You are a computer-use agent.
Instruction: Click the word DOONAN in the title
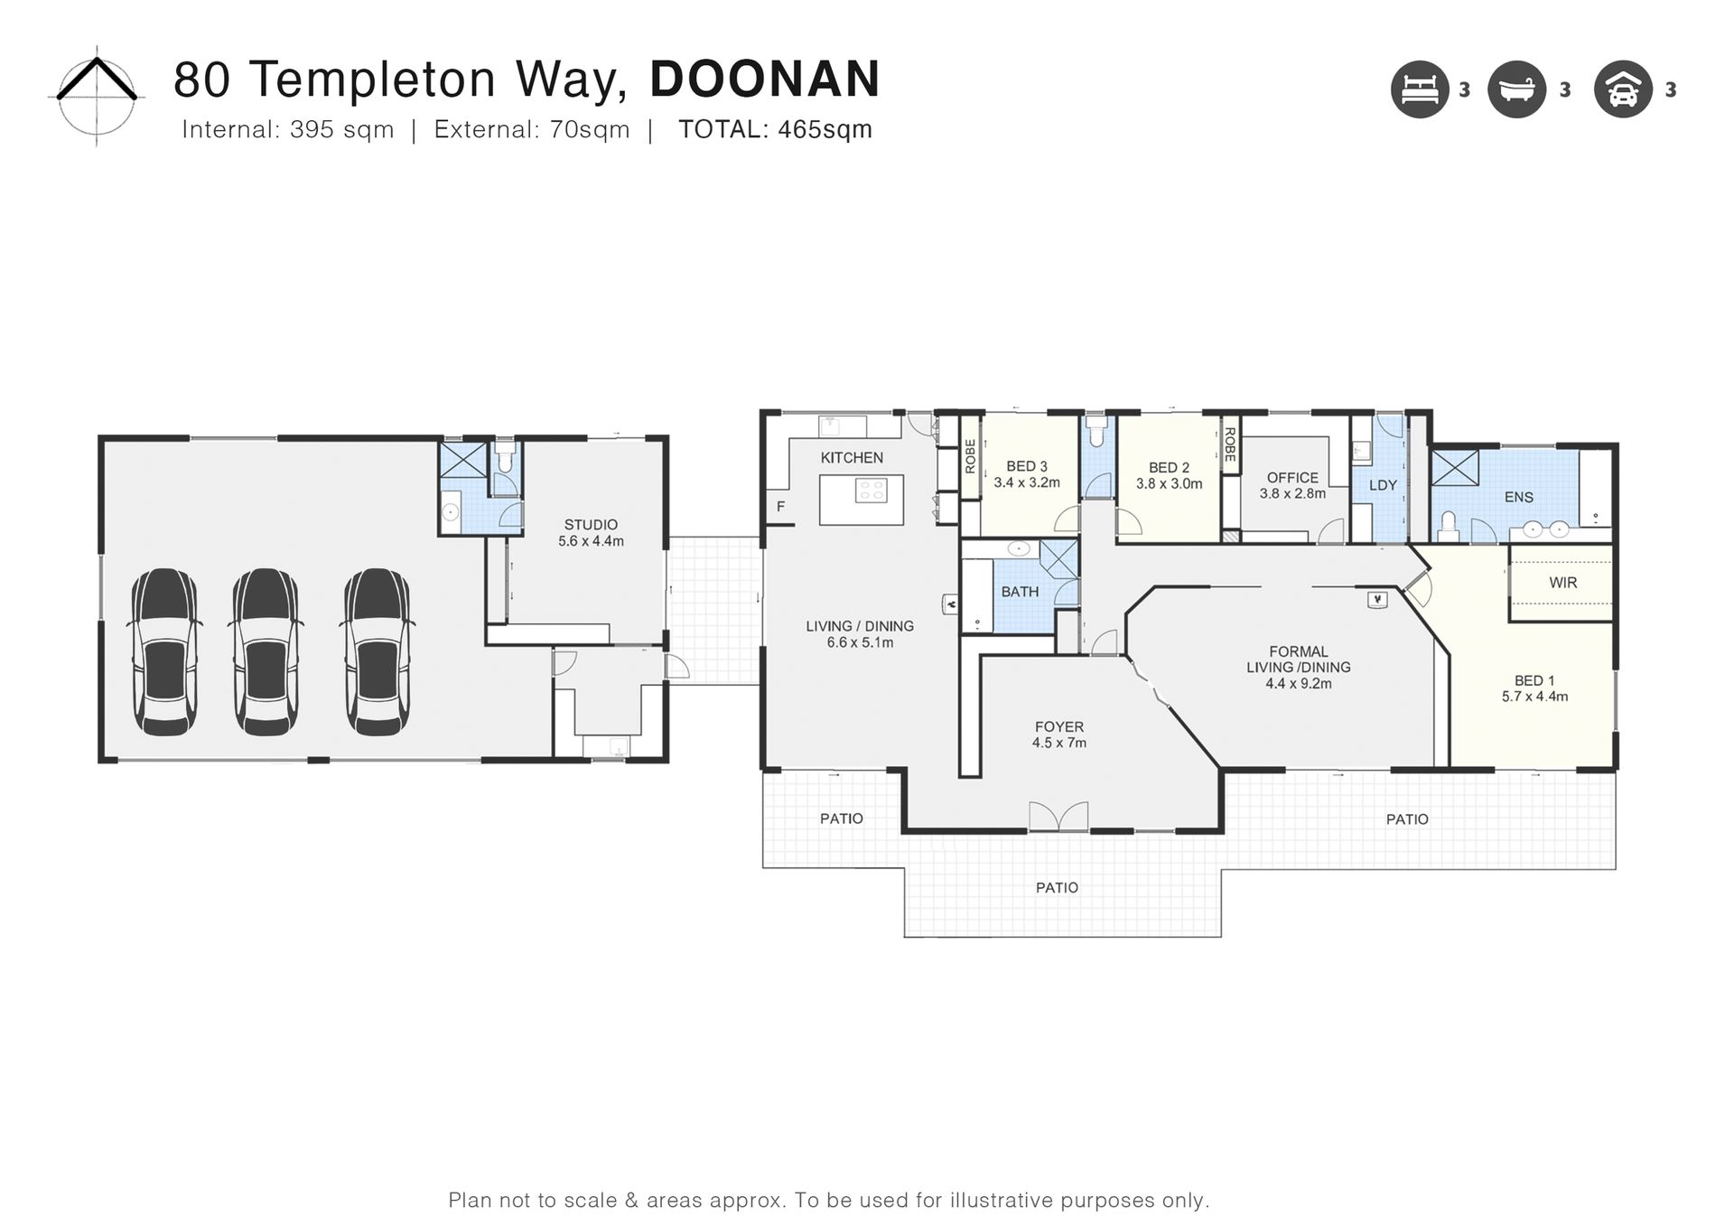click(x=765, y=80)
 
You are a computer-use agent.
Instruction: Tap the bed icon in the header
click(x=1420, y=89)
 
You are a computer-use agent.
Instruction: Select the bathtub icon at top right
click(x=1517, y=89)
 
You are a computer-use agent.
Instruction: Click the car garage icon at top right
click(x=1623, y=89)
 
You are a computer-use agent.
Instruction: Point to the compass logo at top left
click(x=96, y=95)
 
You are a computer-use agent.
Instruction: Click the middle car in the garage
click(x=266, y=651)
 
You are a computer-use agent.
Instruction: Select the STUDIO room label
click(x=591, y=525)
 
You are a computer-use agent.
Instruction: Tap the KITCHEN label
click(x=852, y=458)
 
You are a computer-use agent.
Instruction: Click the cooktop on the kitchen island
click(x=872, y=491)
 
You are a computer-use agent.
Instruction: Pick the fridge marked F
click(x=780, y=507)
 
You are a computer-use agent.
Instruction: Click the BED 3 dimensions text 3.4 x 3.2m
click(x=1027, y=483)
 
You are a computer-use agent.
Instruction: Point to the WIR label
click(x=1563, y=583)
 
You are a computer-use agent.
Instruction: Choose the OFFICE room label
click(x=1292, y=478)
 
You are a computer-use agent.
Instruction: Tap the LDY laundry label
click(x=1383, y=485)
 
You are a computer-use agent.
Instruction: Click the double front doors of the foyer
click(x=1058, y=816)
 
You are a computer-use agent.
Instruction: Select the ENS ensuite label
click(x=1518, y=497)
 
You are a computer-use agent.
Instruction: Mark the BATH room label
click(x=1020, y=592)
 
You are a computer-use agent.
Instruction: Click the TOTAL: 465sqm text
click(x=775, y=130)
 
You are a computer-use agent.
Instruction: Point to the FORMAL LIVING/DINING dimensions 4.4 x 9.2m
click(x=1299, y=684)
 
